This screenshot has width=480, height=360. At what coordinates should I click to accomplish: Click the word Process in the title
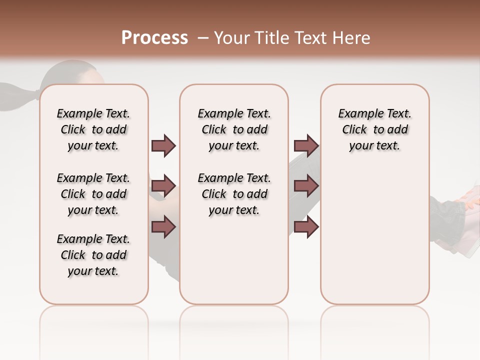point(154,37)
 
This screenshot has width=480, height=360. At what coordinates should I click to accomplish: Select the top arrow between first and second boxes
point(163,146)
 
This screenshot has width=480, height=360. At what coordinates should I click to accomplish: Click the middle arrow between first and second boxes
point(163,186)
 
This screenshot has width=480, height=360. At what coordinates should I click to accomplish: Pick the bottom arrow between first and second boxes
point(163,227)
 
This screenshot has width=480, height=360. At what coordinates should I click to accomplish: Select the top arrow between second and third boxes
point(306,146)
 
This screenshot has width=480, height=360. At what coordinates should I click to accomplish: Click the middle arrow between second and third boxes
point(306,186)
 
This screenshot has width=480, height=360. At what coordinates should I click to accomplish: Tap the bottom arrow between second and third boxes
point(306,227)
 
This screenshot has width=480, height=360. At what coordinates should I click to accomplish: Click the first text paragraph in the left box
point(93,129)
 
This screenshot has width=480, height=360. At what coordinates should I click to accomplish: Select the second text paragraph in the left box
point(93,194)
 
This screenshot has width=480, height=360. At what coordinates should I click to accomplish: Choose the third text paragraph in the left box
point(93,255)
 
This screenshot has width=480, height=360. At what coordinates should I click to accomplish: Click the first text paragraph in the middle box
point(234,129)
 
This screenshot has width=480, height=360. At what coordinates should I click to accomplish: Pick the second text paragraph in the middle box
point(234,194)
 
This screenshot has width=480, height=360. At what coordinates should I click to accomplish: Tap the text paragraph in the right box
point(375,129)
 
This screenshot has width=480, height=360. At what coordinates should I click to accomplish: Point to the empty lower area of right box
point(375,235)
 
